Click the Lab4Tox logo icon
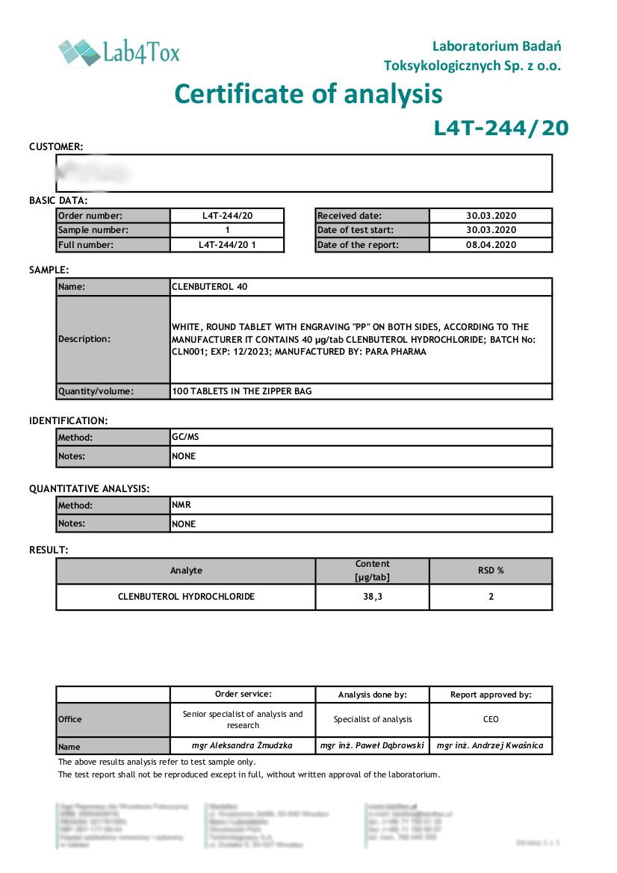click(79, 52)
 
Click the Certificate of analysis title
click(308, 95)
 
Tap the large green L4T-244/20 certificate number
click(500, 128)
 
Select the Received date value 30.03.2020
click(491, 216)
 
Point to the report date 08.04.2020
click(491, 245)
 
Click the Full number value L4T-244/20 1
click(227, 245)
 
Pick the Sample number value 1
click(227, 230)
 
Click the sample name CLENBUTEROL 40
click(210, 287)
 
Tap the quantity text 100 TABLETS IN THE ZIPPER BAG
click(241, 391)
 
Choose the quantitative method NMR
click(182, 505)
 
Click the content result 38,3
click(372, 597)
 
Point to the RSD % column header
click(491, 571)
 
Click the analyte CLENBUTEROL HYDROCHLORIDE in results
click(186, 597)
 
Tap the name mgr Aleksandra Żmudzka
click(243, 745)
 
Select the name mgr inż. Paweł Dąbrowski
click(372, 745)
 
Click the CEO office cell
click(491, 719)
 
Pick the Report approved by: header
click(491, 695)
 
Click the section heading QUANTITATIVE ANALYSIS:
click(90, 488)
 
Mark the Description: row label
click(84, 339)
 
